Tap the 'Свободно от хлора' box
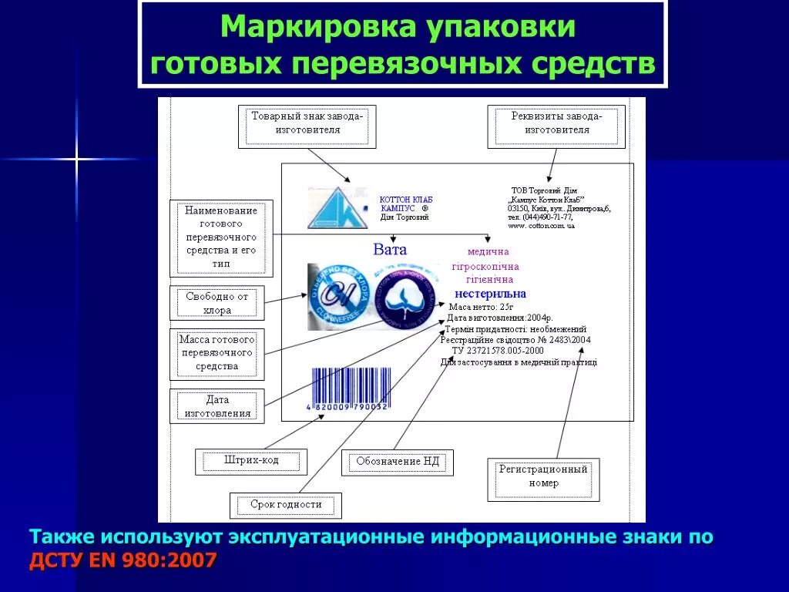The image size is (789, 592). click(x=217, y=303)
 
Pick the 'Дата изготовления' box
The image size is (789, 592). click(x=217, y=406)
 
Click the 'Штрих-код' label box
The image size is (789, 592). click(x=251, y=461)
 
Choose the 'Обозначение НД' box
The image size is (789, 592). click(x=397, y=462)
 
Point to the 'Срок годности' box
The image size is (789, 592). click(x=285, y=505)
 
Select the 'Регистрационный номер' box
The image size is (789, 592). click(x=543, y=476)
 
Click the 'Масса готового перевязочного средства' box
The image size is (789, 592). click(x=217, y=353)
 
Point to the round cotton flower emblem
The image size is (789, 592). click(x=408, y=296)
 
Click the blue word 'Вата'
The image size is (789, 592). click(x=390, y=250)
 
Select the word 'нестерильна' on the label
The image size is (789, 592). click(x=490, y=294)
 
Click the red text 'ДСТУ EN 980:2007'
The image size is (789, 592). click(x=123, y=560)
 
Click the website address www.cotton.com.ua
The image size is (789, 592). click(x=541, y=226)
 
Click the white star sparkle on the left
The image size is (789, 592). click(x=76, y=160)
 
